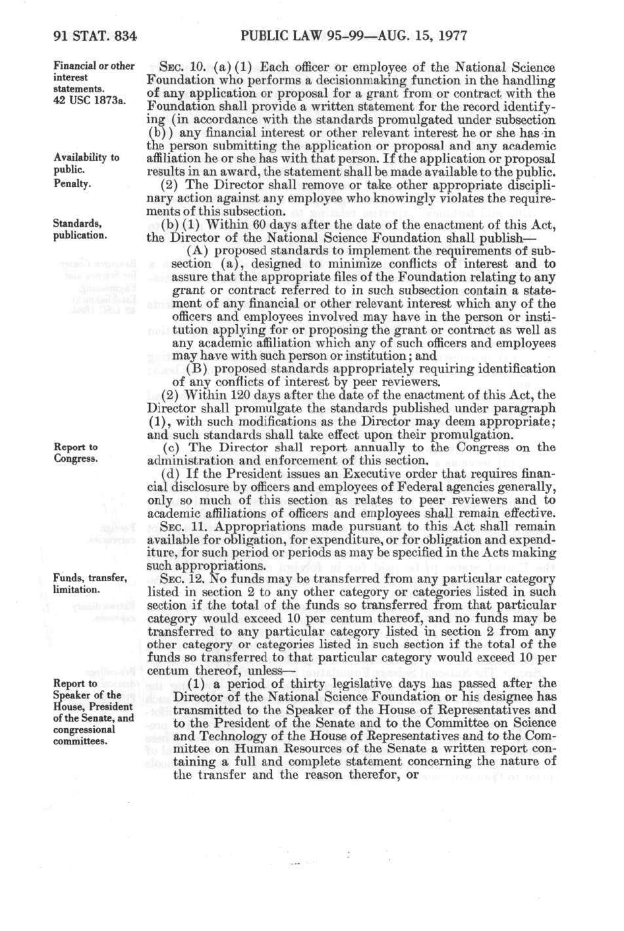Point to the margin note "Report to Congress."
click(76, 453)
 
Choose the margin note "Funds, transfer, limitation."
click(90, 584)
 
